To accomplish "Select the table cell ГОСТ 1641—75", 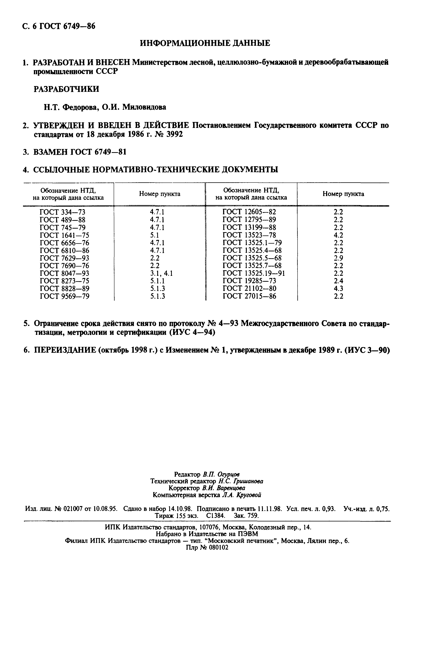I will (x=64, y=235).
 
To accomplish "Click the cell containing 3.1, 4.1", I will (x=161, y=273).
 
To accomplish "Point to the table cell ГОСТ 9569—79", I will (x=64, y=296).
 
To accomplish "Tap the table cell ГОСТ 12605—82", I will (x=249, y=212).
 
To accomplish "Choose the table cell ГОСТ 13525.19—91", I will (x=253, y=273).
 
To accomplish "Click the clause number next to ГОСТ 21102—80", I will (x=338, y=289).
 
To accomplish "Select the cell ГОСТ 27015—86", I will (x=249, y=296).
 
